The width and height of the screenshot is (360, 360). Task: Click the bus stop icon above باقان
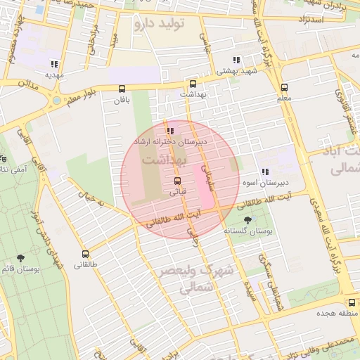123,89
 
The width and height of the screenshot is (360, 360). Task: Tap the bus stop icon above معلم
284,88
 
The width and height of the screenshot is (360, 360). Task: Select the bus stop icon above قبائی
176,179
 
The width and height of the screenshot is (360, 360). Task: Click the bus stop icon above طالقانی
85,254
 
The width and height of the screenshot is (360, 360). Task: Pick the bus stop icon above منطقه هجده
352,302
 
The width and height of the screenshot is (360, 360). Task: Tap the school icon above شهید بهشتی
237,60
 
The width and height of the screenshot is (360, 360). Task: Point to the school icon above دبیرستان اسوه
264,172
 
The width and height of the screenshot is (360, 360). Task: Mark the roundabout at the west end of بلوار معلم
56,101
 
